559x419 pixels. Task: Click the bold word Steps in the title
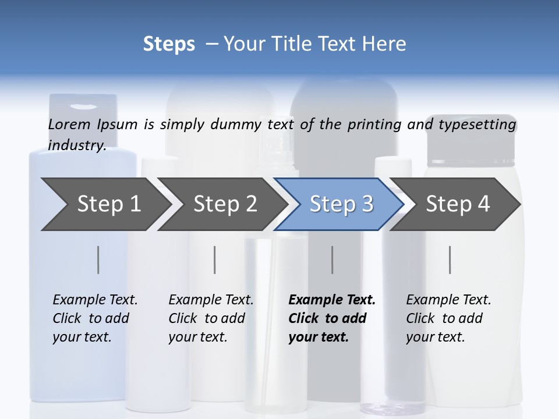click(x=169, y=44)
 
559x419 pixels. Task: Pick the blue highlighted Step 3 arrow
click(x=341, y=204)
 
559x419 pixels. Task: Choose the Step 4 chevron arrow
click(x=458, y=204)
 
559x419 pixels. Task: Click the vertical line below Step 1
click(x=98, y=260)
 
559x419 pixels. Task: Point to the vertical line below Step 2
click(x=215, y=260)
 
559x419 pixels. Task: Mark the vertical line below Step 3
click(x=332, y=260)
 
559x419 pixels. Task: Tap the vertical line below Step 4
click(x=450, y=260)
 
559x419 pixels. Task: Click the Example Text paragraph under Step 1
click(x=95, y=318)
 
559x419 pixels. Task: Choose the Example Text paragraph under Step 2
click(x=211, y=318)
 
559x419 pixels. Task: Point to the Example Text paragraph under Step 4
click(x=448, y=318)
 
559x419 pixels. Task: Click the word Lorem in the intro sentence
click(x=69, y=124)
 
